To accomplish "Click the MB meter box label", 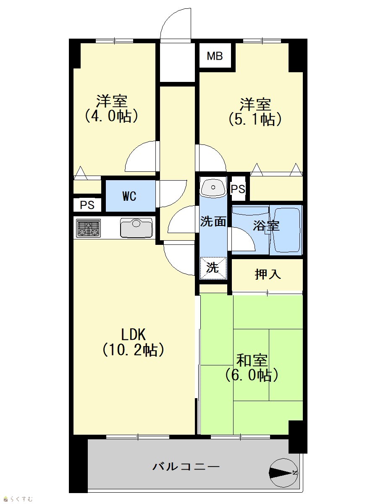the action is point(215,56).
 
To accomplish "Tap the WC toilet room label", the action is point(129,196).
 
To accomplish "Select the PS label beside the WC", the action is point(87,205).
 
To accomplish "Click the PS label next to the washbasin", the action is point(238,189).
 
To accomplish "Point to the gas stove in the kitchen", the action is point(89,228).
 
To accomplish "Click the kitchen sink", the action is point(136,228).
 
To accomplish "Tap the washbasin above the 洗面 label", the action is point(213,188).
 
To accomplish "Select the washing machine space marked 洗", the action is point(213,268).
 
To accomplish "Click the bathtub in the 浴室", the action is point(286,230).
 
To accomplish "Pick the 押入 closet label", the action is point(268,274).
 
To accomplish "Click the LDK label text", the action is point(133,335).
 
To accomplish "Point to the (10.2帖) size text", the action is point(133,350).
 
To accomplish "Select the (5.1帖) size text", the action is point(255,119).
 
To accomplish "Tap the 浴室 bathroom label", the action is point(266,226).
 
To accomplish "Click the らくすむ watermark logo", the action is point(18,499).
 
